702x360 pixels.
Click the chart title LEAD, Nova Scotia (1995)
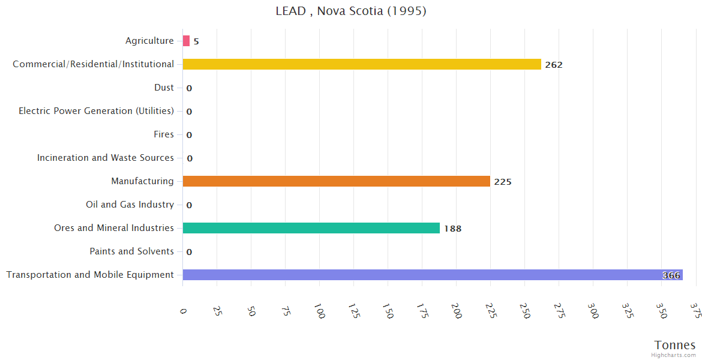(x=351, y=11)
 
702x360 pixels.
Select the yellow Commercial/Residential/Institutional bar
(x=362, y=64)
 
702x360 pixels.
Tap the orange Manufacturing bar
(x=336, y=181)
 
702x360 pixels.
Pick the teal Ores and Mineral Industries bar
(x=311, y=228)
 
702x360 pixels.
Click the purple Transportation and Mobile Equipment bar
(x=420, y=275)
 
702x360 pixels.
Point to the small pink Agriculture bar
(x=186, y=41)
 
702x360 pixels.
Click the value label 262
(x=554, y=65)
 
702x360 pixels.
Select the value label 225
(x=503, y=182)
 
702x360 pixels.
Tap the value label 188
(x=452, y=229)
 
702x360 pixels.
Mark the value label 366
(x=671, y=275)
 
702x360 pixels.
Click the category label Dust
(x=164, y=88)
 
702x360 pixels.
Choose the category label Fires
(x=164, y=134)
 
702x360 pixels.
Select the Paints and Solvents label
(x=132, y=251)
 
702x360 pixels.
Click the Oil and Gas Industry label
(x=130, y=205)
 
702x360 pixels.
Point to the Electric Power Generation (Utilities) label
(x=96, y=111)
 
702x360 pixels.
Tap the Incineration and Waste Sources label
(x=105, y=158)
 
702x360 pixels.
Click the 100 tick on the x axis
(x=319, y=311)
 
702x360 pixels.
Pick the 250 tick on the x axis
(x=524, y=311)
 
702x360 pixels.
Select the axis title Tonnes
(x=675, y=345)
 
